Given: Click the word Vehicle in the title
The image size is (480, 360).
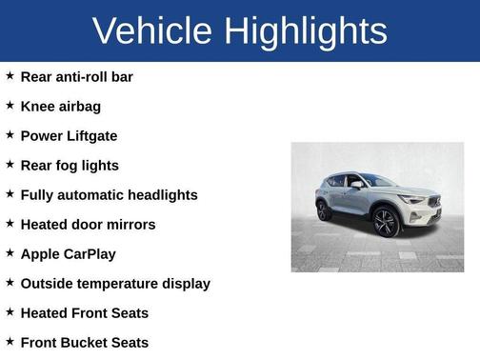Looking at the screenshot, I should tap(152, 30).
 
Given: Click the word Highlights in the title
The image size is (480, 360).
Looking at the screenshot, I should tap(306, 30).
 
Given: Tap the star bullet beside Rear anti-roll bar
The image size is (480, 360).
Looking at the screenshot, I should tap(10, 75).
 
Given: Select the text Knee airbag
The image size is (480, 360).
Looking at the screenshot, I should tap(60, 106).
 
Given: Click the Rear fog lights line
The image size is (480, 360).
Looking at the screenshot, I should tap(69, 165).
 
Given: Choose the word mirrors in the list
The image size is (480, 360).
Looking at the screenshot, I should tap(130, 224).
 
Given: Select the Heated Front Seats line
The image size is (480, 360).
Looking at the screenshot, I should tap(84, 312).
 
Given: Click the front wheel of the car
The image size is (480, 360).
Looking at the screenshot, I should tap(386, 222).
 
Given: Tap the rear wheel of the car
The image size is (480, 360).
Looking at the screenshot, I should tap(325, 210).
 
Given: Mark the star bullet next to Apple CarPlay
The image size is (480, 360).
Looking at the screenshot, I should tap(10, 252).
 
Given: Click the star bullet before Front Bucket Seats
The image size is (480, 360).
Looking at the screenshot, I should tap(10, 341).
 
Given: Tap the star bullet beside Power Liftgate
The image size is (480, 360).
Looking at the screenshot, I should tap(10, 134).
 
